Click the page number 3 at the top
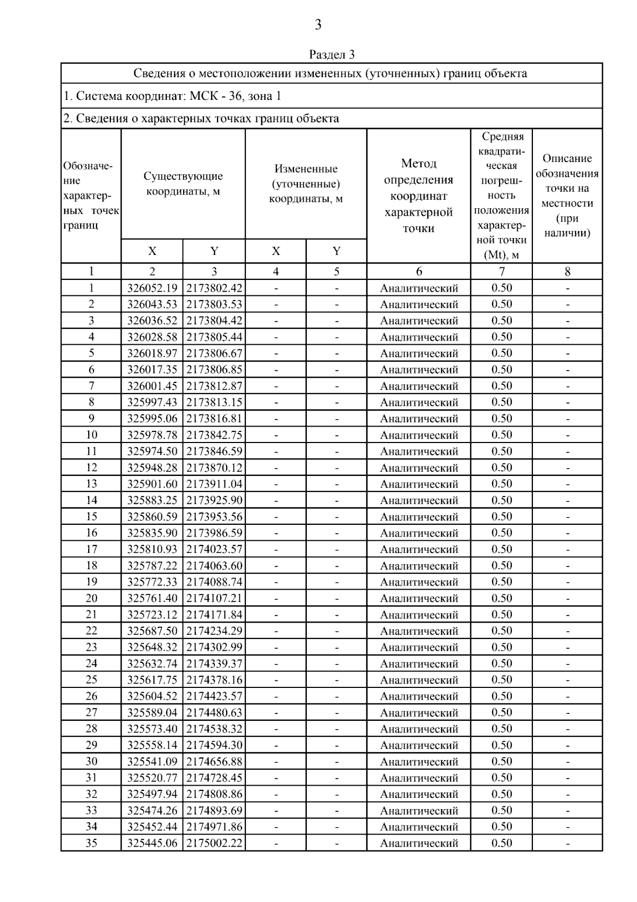(318, 24)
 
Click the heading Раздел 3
(332, 54)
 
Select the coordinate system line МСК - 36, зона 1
(173, 96)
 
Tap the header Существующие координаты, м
(183, 184)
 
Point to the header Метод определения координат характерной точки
(418, 195)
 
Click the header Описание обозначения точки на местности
(567, 195)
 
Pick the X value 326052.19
(152, 288)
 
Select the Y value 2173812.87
(214, 386)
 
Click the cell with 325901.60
(152, 484)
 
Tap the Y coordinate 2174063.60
(214, 566)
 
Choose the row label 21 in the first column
(91, 615)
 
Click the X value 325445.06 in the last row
(152, 843)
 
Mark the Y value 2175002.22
(214, 843)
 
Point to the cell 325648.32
(152, 647)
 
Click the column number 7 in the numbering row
(502, 271)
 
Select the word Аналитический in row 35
(419, 843)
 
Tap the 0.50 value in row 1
(502, 288)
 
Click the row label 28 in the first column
(91, 729)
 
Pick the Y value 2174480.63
(214, 712)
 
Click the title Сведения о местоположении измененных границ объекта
(330, 73)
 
